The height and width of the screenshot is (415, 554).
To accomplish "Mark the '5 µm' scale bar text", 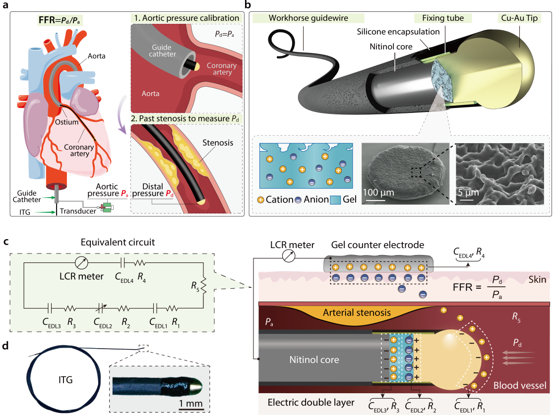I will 469,191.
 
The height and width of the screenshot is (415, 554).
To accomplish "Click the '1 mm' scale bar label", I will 190,404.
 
